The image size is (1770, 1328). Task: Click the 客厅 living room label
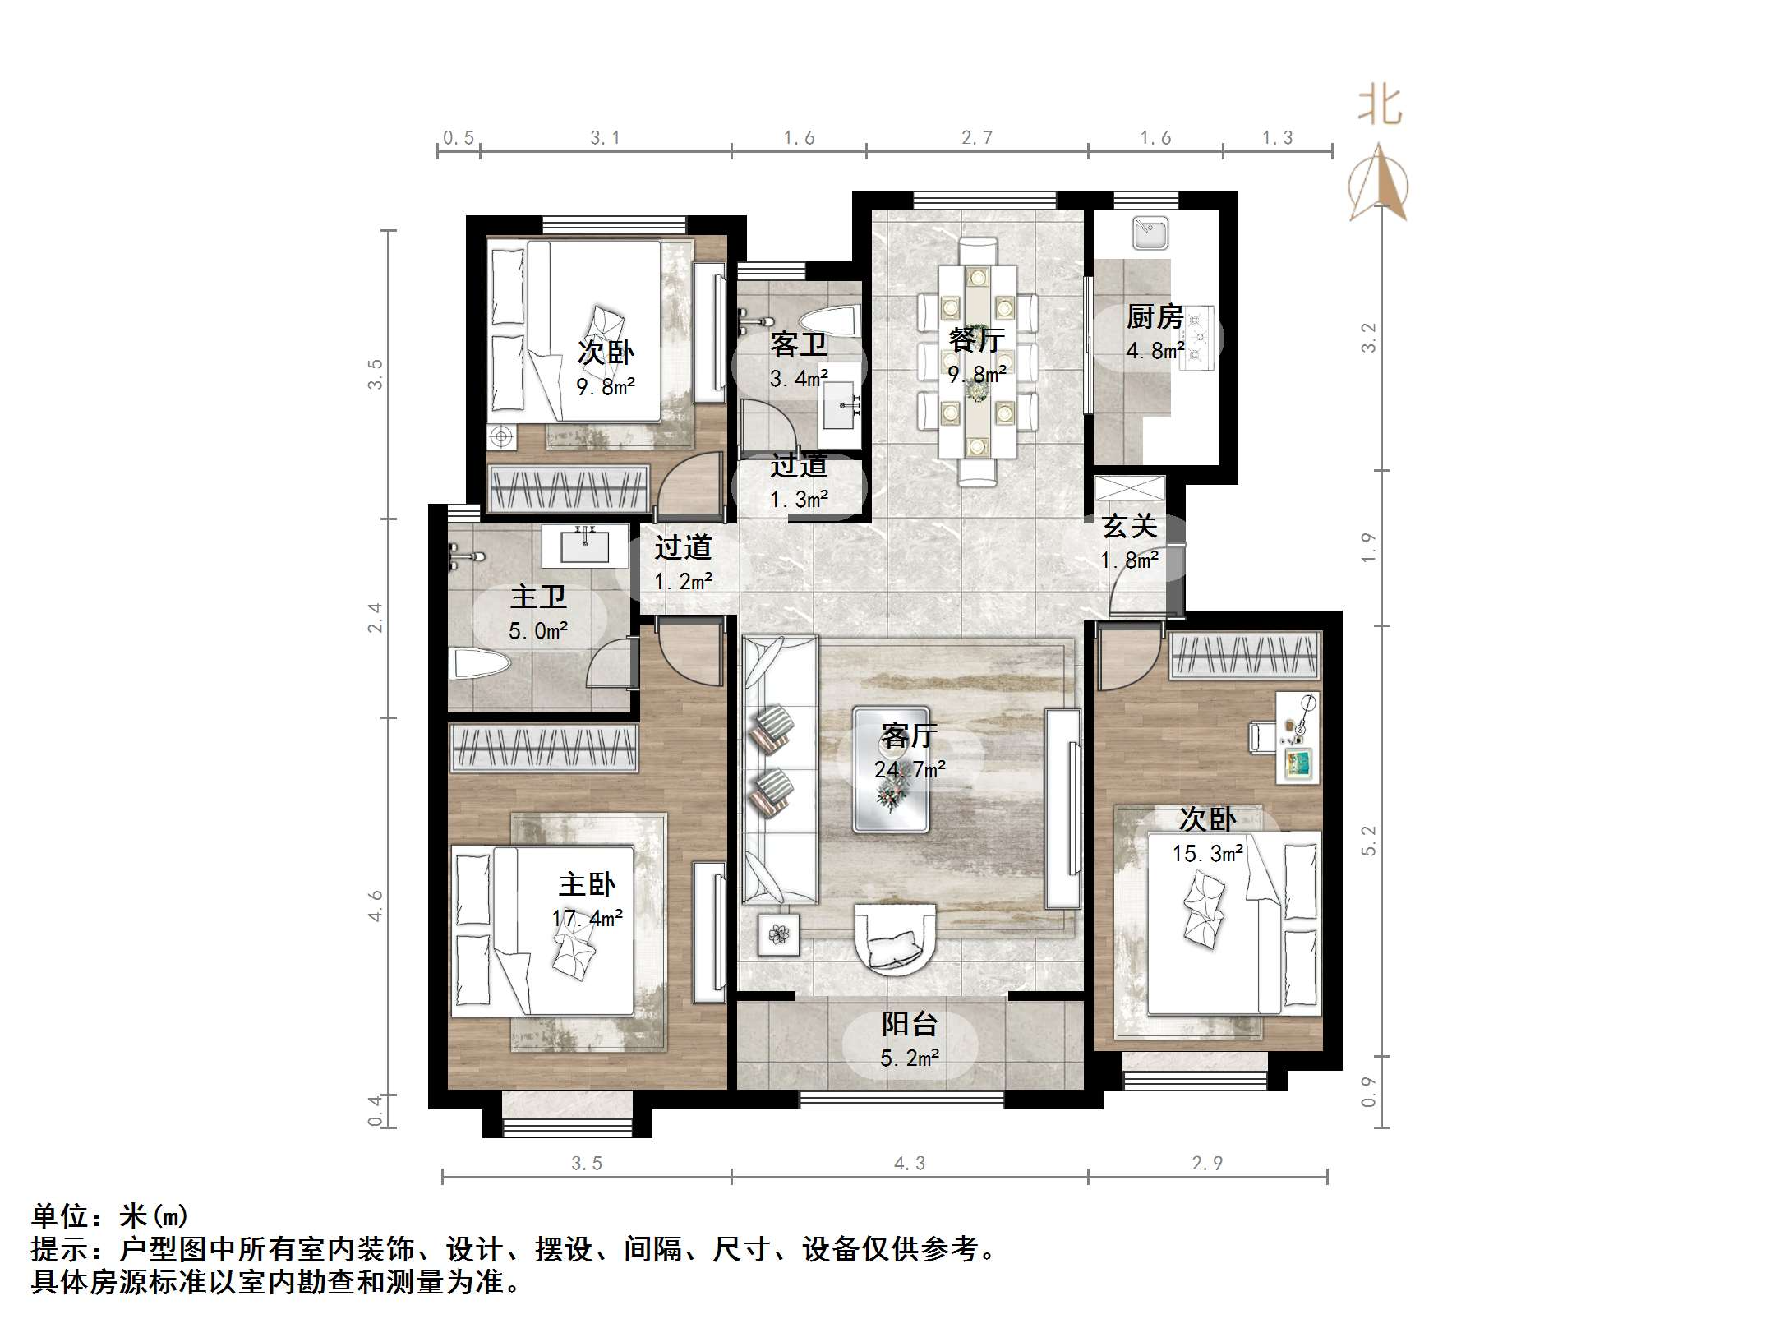[908, 734]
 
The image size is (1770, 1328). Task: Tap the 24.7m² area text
[910, 770]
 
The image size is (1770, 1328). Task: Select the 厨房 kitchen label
[1155, 316]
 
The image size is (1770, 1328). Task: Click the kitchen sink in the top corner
[1150, 233]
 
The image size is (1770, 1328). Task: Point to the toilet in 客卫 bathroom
[830, 320]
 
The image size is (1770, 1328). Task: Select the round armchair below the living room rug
[894, 937]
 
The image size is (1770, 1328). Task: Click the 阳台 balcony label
[910, 1024]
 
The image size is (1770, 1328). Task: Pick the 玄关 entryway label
[1129, 526]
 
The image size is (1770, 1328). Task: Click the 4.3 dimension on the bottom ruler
[909, 1163]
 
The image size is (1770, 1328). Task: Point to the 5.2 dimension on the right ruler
[1368, 841]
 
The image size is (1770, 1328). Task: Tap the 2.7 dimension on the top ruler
[977, 138]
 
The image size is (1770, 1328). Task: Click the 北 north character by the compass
[1380, 107]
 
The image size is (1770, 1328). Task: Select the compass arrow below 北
[1379, 185]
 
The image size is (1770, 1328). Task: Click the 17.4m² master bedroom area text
[587, 918]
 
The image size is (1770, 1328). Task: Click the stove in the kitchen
[1197, 337]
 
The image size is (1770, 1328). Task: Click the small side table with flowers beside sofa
[778, 934]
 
